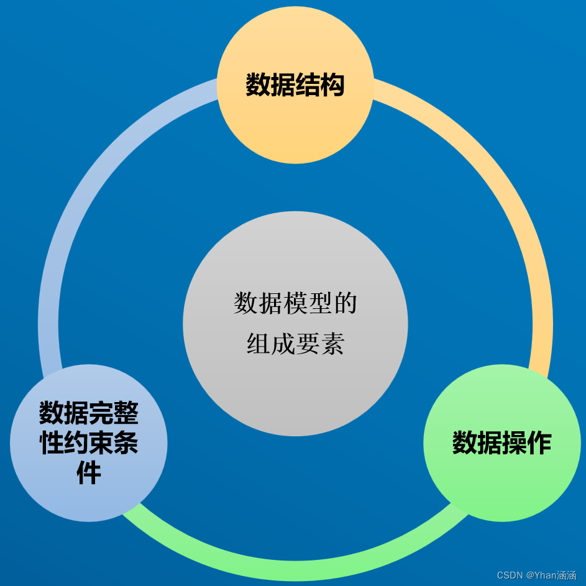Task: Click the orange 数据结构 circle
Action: (295, 124)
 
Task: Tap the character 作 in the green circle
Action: (539, 443)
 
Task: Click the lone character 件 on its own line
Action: (89, 474)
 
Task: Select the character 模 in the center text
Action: (295, 304)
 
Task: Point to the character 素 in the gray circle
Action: (332, 344)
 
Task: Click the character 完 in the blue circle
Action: (101, 413)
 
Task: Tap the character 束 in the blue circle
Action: (101, 443)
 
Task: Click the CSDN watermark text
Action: (509, 575)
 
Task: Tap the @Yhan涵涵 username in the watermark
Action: (550, 575)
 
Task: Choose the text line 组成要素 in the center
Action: (295, 344)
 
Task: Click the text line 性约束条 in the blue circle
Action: (89, 443)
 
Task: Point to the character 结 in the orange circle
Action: (308, 85)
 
